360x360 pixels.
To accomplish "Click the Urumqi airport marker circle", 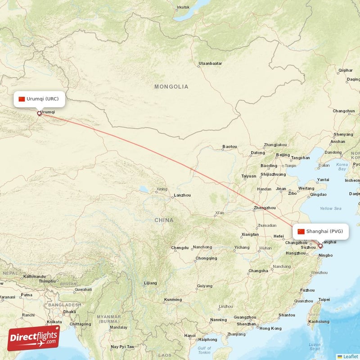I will [39, 114].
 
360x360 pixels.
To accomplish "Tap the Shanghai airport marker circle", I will [320, 246].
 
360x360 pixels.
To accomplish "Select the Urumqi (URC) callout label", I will [40, 99].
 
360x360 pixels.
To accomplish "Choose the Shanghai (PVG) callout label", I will [320, 231].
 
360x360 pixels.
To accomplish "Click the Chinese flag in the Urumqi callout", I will [22, 99].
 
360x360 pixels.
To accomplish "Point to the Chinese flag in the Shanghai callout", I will [301, 231].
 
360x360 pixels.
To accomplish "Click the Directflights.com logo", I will [34, 338].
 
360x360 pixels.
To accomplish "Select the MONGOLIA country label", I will [171, 86].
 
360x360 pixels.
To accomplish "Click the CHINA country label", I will [163, 220].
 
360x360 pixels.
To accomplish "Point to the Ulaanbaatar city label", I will [211, 63].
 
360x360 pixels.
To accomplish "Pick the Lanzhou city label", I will [182, 195].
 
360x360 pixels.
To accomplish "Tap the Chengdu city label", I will [180, 247].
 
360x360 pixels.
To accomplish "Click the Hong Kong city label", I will [270, 328].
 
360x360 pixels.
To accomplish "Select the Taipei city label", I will [324, 299].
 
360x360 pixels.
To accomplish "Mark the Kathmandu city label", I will [34, 276].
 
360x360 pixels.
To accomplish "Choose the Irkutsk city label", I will [183, 7].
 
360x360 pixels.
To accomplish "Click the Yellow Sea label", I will [330, 208].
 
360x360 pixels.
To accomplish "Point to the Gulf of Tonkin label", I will [204, 350].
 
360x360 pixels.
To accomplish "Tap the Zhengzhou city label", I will [265, 208].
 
